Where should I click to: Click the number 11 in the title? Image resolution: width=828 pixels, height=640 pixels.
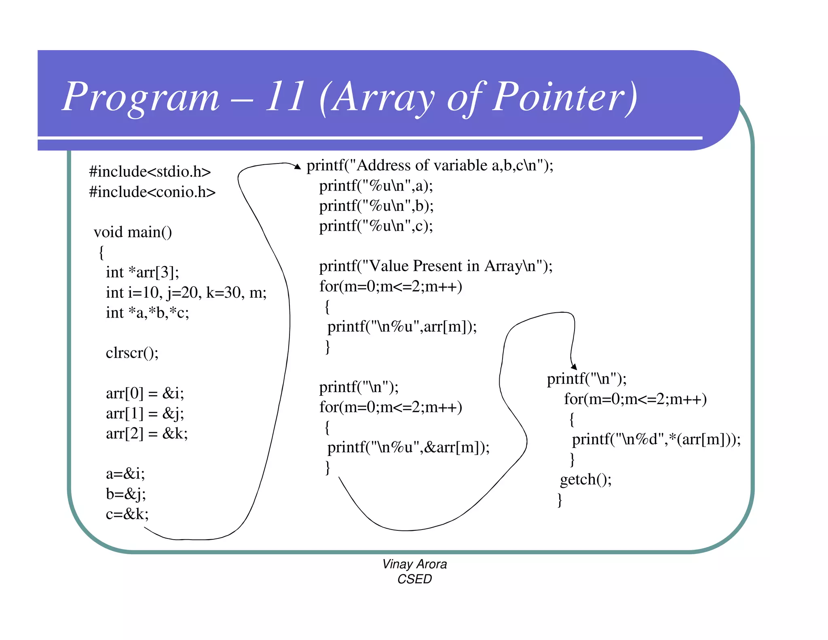[285, 97]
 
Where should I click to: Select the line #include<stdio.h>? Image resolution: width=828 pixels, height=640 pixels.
[150, 172]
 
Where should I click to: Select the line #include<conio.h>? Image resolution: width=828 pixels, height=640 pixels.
[152, 192]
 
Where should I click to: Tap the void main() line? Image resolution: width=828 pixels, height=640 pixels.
[133, 232]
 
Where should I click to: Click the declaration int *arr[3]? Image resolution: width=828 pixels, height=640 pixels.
[142, 272]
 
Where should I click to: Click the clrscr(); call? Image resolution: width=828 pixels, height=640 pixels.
[132, 353]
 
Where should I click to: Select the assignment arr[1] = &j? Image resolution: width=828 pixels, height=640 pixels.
[145, 413]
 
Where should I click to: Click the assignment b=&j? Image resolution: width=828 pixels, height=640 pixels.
[126, 494]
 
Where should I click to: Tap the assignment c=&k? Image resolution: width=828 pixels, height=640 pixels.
[127, 514]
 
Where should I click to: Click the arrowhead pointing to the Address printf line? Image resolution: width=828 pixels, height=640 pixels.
[298, 166]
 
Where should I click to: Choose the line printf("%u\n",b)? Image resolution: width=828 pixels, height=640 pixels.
[376, 206]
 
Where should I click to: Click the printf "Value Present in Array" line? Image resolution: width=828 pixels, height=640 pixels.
[435, 266]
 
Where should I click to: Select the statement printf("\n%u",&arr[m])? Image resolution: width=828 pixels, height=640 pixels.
[408, 447]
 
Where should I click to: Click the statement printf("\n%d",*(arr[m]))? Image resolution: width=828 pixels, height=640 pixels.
[656, 439]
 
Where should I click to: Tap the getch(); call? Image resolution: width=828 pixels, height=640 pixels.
[585, 480]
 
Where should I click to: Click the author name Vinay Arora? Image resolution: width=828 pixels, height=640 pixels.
[414, 564]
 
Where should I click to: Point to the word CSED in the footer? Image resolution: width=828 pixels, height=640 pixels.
[414, 579]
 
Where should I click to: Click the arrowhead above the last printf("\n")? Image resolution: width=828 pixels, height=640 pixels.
[574, 367]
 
